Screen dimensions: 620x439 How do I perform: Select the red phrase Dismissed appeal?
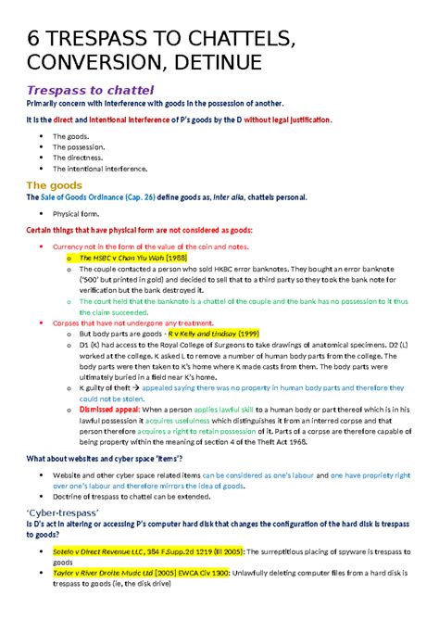(x=111, y=409)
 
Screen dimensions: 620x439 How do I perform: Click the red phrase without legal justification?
(x=282, y=120)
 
